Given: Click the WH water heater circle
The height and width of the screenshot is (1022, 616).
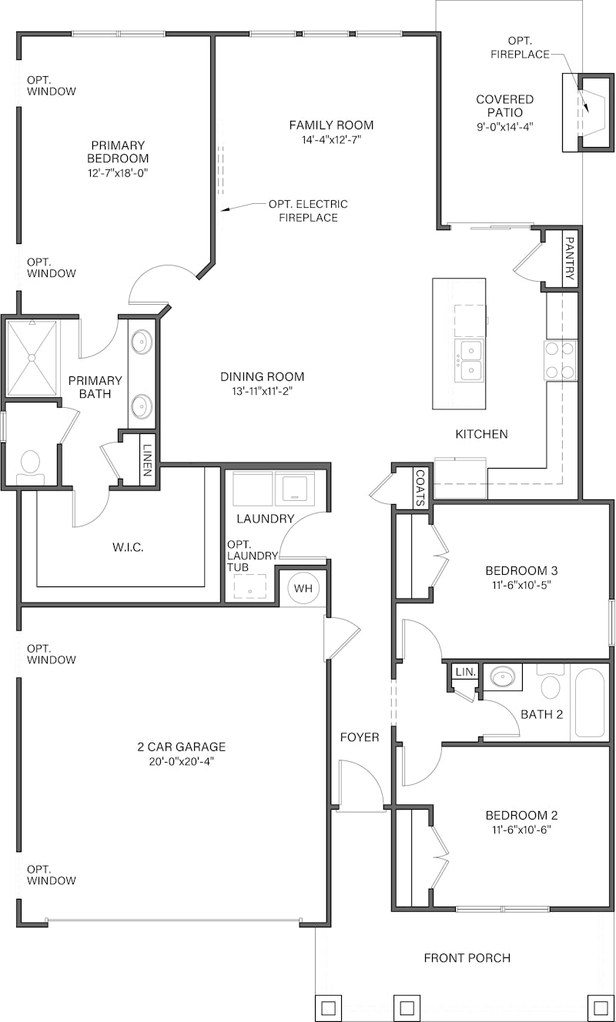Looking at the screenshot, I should (x=303, y=589).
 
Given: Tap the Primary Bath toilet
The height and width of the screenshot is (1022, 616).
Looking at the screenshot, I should (x=30, y=464).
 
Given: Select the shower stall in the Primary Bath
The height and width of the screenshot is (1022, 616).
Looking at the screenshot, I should (x=32, y=359).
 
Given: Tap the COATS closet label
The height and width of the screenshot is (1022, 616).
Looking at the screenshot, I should (x=420, y=488).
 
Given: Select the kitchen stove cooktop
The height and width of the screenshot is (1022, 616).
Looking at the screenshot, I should (x=561, y=360).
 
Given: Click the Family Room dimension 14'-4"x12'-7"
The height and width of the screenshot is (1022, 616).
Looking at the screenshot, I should (x=331, y=140).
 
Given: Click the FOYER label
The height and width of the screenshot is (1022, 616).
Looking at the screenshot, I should (x=360, y=737).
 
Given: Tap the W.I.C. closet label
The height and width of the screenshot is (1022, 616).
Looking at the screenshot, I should (x=128, y=547).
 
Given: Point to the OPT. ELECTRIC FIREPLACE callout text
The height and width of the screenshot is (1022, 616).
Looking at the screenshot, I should (x=307, y=211).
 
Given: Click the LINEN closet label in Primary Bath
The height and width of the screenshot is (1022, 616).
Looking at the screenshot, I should (x=147, y=460).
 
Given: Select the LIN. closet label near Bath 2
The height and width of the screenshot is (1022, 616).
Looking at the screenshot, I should (x=465, y=672).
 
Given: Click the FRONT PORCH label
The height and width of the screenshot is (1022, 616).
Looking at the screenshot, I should (x=467, y=957).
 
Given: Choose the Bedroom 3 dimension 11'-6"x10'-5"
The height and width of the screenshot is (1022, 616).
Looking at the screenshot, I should (x=521, y=585).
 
